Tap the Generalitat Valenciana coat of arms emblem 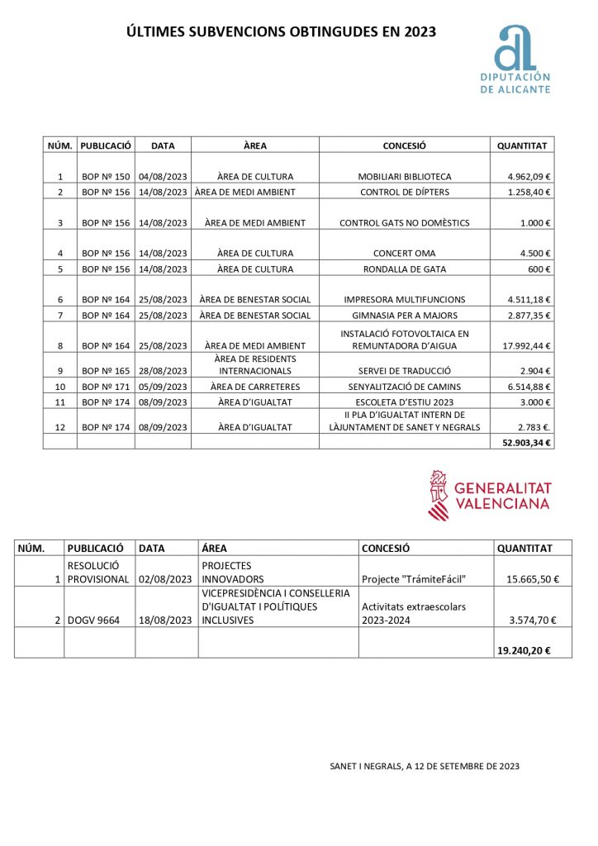[x=439, y=496]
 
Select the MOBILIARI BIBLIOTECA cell [x=405, y=177]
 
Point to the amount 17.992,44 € [x=523, y=346]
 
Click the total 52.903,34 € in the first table [x=526, y=442]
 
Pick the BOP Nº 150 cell [x=106, y=177]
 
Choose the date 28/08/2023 [x=163, y=371]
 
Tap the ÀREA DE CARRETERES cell [x=255, y=386]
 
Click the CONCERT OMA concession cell [x=404, y=254]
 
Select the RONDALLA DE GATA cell [x=404, y=269]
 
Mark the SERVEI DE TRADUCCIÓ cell [x=404, y=371]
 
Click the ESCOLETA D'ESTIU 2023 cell [x=404, y=402]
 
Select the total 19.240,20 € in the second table [x=523, y=650]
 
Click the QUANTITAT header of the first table [x=521, y=145]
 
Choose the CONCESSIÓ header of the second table [x=386, y=548]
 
